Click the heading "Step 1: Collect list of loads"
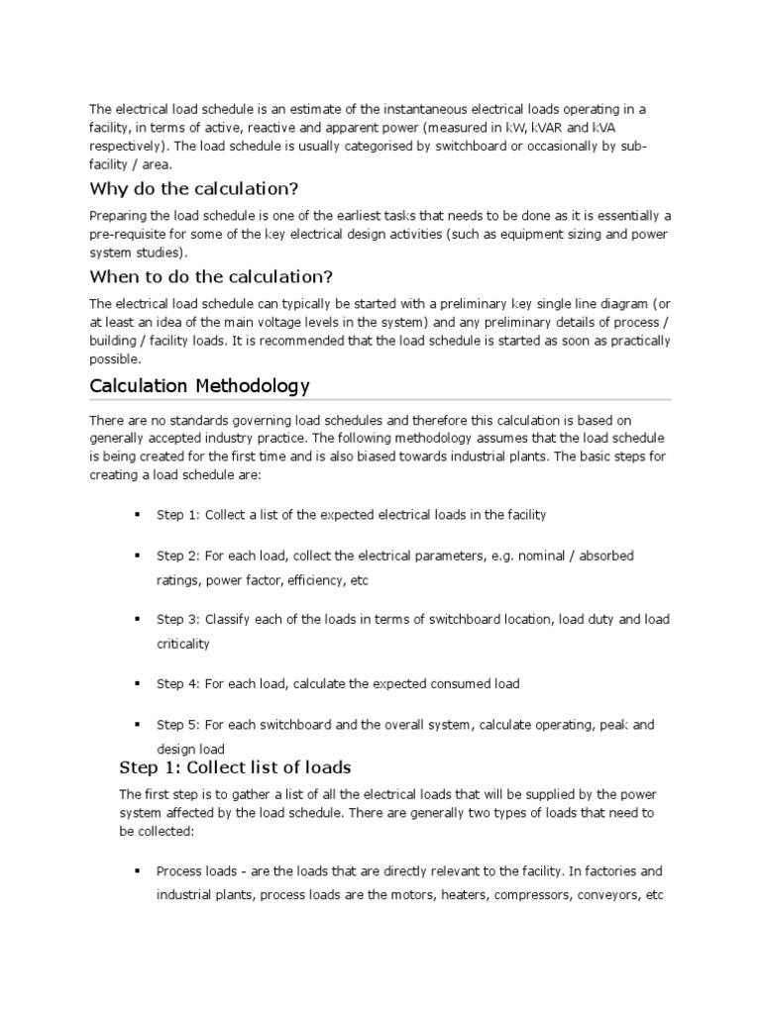pos(235,767)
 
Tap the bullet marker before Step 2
pos(136,557)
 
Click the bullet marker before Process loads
pos(136,872)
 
